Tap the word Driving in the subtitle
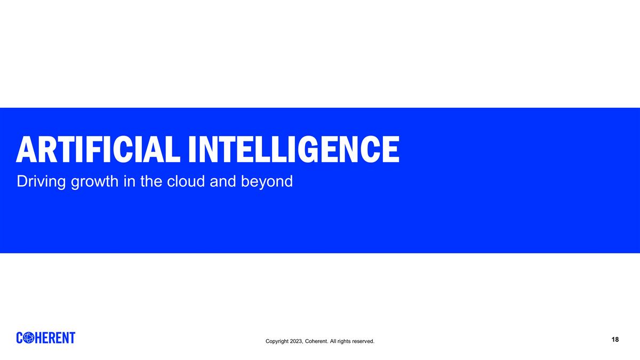click(x=41, y=182)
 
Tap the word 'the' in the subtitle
click(x=152, y=181)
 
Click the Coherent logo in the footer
click(x=46, y=338)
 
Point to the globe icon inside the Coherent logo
click(x=30, y=338)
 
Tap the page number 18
click(x=615, y=340)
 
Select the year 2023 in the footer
click(x=297, y=341)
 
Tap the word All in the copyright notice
click(x=333, y=341)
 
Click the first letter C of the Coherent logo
click(x=21, y=338)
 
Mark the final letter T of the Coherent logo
click(x=72, y=338)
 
